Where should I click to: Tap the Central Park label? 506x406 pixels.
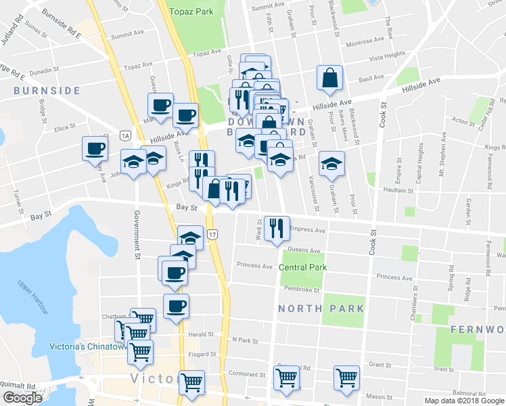pos(303,267)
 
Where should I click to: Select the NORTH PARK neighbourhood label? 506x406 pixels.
pos(321,309)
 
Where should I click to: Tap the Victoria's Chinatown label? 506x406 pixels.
pos(88,346)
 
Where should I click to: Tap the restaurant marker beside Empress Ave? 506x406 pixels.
pos(277,228)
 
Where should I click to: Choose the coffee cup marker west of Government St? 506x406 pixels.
pos(95,149)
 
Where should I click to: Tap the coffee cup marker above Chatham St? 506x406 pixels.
pos(176,306)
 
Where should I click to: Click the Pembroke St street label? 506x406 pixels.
pos(302,290)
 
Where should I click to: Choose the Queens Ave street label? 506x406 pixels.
pos(304,250)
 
